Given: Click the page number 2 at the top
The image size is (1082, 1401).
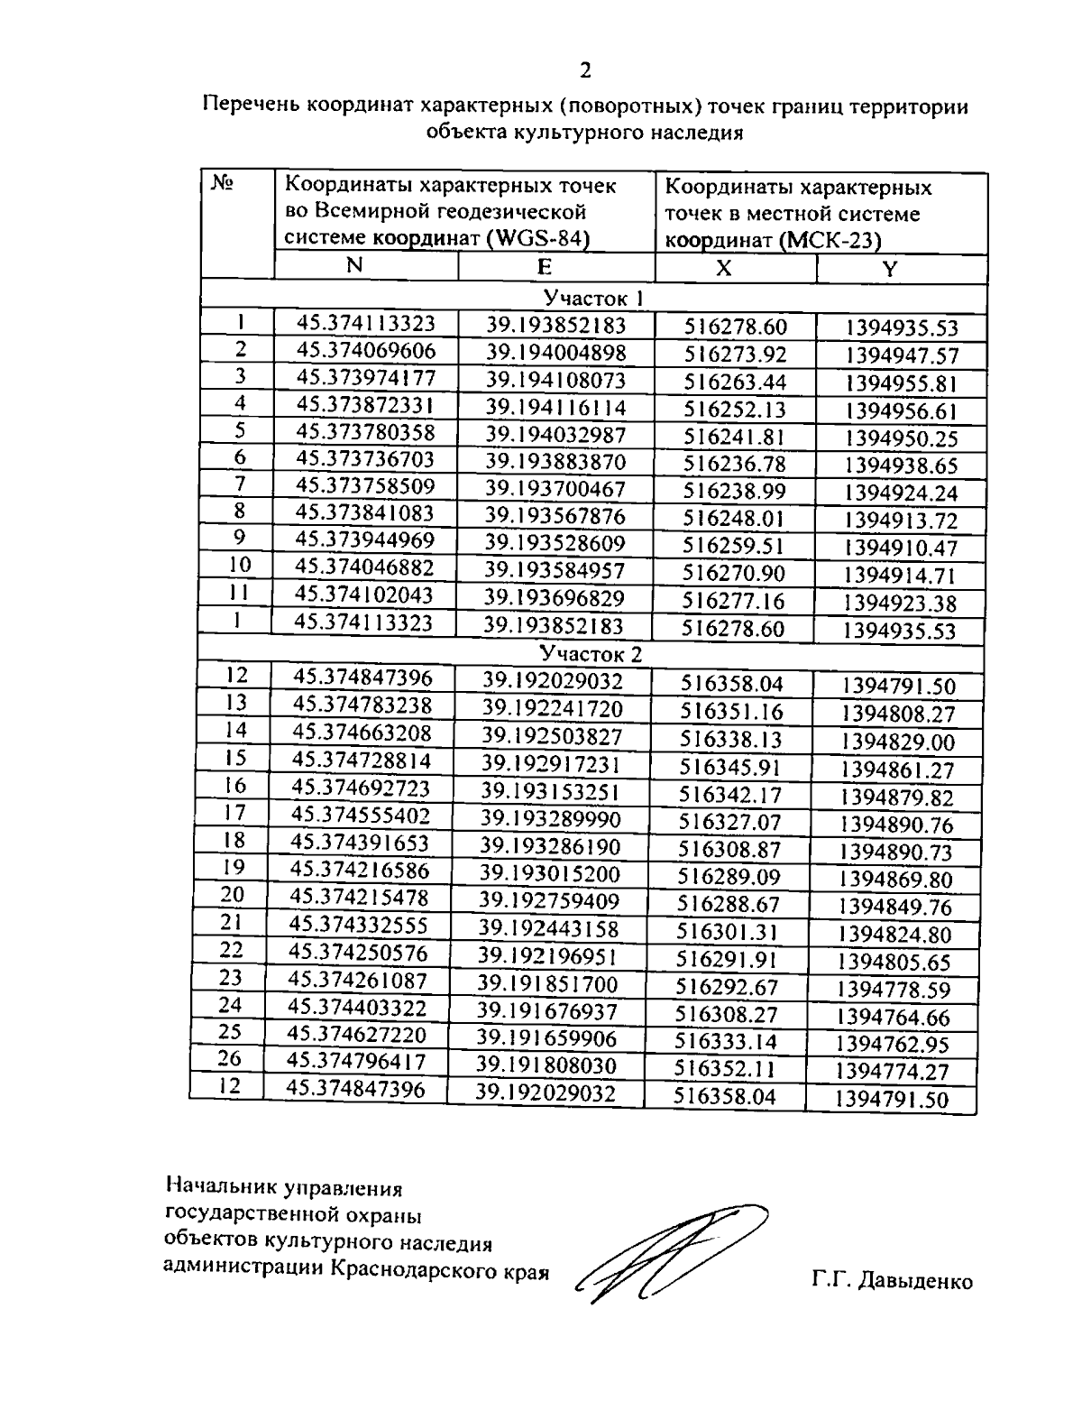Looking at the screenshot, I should (x=586, y=71).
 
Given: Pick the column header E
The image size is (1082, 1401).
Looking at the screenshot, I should (x=545, y=267).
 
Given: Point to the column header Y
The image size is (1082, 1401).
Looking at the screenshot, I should (x=889, y=269).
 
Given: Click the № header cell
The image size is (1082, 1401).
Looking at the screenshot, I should (x=222, y=184).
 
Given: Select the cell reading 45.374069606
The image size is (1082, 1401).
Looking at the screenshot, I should (x=366, y=350).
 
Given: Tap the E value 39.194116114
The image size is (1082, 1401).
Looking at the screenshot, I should (x=555, y=408).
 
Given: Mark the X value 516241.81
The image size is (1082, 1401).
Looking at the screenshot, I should (x=734, y=438).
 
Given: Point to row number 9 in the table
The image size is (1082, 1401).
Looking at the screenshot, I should (x=239, y=539).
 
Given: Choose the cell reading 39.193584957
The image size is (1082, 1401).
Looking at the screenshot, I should (x=555, y=571).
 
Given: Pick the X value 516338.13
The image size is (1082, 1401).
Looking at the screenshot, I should (x=730, y=740).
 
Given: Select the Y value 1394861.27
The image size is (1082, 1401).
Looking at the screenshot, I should (x=897, y=770).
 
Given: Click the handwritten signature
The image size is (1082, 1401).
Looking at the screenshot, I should (x=667, y=1252).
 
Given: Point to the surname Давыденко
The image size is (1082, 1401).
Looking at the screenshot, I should (x=916, y=1281).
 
